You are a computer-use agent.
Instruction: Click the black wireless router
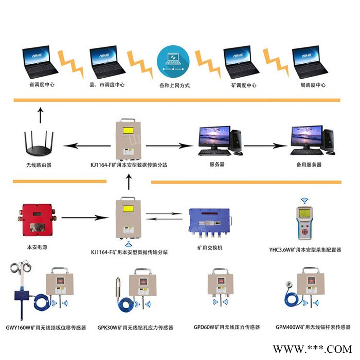point(39,145)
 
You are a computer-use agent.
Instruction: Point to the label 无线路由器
point(39,165)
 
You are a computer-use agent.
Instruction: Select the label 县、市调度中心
point(106,85)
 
